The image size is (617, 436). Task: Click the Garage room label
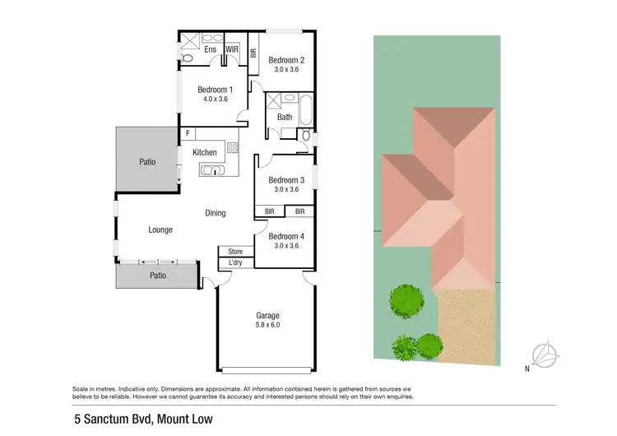click(267, 315)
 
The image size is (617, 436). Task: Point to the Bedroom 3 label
click(286, 179)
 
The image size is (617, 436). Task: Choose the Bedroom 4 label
click(286, 235)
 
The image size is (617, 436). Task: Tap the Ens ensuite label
click(211, 49)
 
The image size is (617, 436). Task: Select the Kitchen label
click(205, 152)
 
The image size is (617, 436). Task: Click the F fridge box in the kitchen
click(188, 133)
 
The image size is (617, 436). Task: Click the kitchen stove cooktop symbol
click(233, 148)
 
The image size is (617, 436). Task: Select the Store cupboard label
click(235, 252)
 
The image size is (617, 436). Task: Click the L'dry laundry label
click(235, 263)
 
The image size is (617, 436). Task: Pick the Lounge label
click(160, 230)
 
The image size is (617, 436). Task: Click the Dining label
click(216, 213)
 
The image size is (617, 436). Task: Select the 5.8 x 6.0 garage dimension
click(267, 325)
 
